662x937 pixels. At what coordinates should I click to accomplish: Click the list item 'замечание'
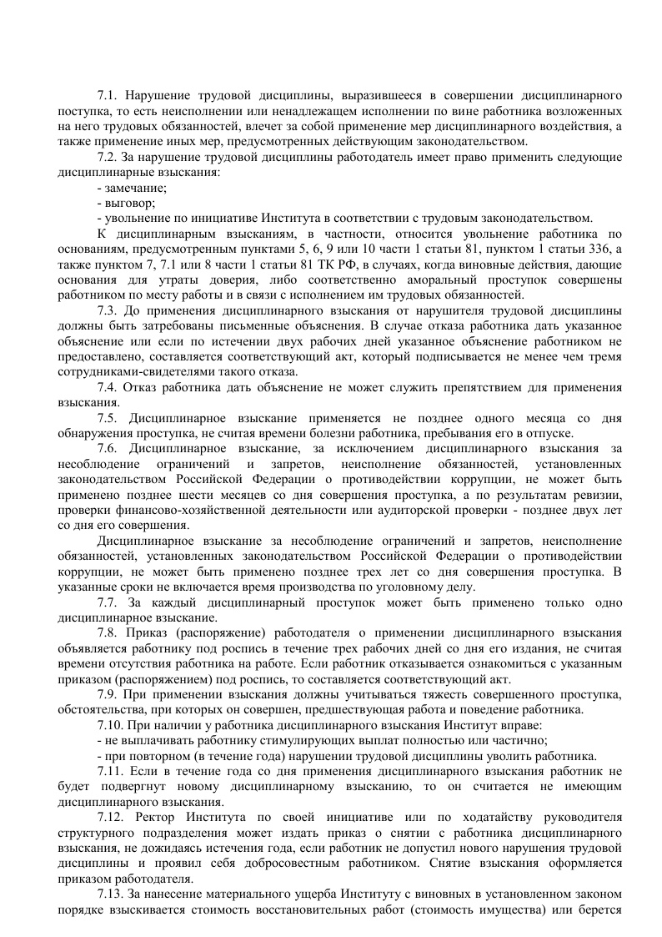pyautogui.click(x=134, y=188)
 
